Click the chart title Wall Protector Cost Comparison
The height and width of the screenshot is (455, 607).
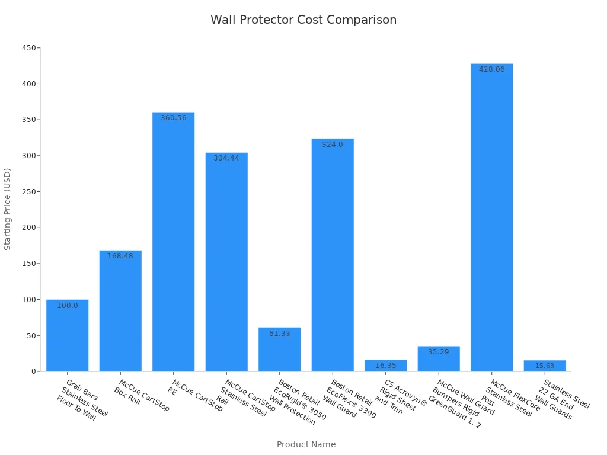tap(303, 20)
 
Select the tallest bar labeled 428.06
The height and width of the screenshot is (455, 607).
tap(491, 219)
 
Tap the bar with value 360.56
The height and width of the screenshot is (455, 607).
tap(173, 243)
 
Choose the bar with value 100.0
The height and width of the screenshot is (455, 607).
tap(68, 335)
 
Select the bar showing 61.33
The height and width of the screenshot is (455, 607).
tap(280, 350)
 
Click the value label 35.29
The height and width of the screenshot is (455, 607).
tap(439, 352)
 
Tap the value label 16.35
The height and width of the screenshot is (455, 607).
tap(385, 366)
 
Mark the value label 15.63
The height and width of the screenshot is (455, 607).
tap(545, 366)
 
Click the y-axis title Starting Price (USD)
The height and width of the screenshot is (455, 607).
tap(8, 209)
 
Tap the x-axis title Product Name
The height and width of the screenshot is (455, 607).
tap(306, 444)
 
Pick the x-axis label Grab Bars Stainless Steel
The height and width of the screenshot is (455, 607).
tap(82, 400)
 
